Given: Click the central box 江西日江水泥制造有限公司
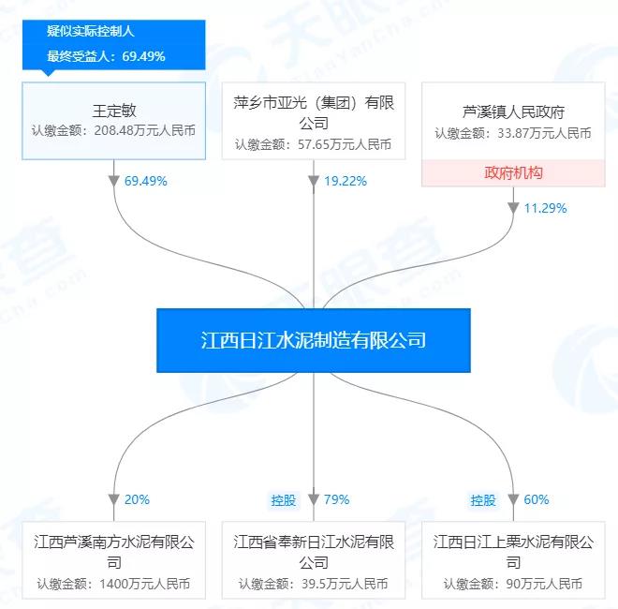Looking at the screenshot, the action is [x=314, y=340].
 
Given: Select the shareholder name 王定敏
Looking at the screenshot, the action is [x=114, y=111].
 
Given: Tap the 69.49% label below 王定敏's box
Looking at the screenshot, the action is [x=146, y=181].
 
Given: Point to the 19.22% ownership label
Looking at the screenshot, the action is [x=346, y=181].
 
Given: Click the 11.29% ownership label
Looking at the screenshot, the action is [x=545, y=208].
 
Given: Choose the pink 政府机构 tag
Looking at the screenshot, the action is [x=513, y=172].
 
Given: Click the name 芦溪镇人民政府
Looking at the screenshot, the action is [x=513, y=112].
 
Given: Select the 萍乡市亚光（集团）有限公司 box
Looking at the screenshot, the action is [x=314, y=121].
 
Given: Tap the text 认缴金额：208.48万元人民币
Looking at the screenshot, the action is [x=113, y=130].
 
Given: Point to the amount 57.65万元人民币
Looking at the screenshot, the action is [x=345, y=144].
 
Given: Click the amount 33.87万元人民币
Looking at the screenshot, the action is [x=544, y=133].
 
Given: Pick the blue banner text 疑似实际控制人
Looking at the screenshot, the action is [x=91, y=31].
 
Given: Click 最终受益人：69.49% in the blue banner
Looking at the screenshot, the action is [x=106, y=56].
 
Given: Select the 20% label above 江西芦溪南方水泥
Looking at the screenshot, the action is [x=137, y=499].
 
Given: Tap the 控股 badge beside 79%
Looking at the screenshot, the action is [x=284, y=500].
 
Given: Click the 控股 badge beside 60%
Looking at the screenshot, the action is [x=483, y=500].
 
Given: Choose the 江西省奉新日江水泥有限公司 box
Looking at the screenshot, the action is [x=314, y=560].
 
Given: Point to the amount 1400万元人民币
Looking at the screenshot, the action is [x=144, y=584].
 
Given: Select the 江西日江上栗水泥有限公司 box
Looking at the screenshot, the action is [x=513, y=560].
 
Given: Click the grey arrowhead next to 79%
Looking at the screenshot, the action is [x=314, y=499].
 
